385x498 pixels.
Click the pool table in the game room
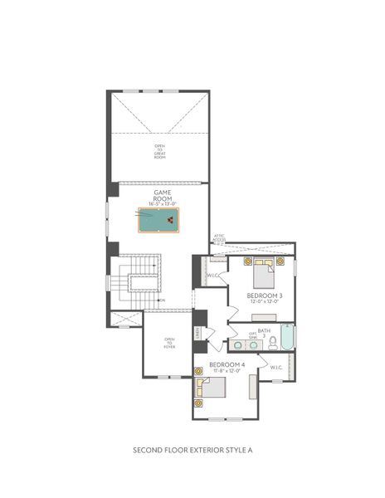pyautogui.click(x=158, y=221)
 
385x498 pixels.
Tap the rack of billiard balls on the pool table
pyautogui.click(x=170, y=221)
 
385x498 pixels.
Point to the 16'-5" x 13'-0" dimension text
pyautogui.click(x=162, y=204)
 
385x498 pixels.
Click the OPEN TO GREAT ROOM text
pyautogui.click(x=159, y=151)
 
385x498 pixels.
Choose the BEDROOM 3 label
pyautogui.click(x=265, y=295)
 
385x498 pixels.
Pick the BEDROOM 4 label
pyautogui.click(x=226, y=365)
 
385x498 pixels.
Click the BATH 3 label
pyautogui.click(x=264, y=332)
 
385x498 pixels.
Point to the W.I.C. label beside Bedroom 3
pyautogui.click(x=213, y=276)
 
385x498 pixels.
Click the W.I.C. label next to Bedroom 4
pyautogui.click(x=276, y=367)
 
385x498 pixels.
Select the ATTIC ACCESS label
pyautogui.click(x=218, y=238)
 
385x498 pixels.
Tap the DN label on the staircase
pyautogui.click(x=163, y=300)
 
